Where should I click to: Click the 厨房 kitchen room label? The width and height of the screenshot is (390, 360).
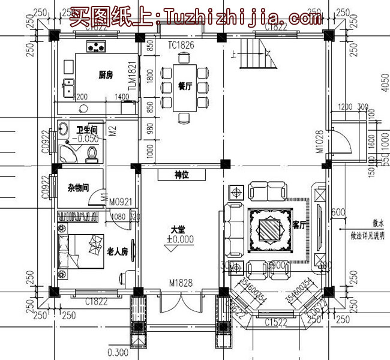106,75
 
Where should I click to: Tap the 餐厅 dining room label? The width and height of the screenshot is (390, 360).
185,86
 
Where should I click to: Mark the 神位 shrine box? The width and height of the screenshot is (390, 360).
182,175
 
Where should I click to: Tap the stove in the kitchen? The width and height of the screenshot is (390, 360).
96,46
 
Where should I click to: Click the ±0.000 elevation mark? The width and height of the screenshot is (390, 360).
179,238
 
